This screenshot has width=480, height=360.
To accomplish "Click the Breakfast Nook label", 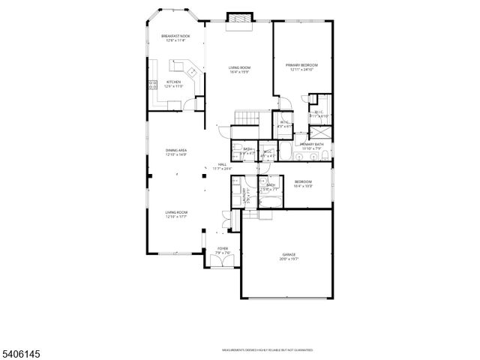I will point(175,36).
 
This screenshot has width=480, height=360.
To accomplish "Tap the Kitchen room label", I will point(173,82).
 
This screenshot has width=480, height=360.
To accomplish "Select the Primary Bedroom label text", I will point(302,65).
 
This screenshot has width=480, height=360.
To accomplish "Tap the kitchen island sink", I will point(192,72).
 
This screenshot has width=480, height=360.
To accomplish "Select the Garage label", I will point(289,255).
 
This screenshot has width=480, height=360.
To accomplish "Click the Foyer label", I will point(223,248).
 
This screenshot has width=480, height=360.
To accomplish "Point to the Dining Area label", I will point(176,151).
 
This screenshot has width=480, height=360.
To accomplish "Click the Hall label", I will point(222,164).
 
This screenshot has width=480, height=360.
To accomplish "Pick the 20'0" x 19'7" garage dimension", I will point(289,259).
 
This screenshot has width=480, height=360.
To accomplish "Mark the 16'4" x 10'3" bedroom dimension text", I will point(303,186).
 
